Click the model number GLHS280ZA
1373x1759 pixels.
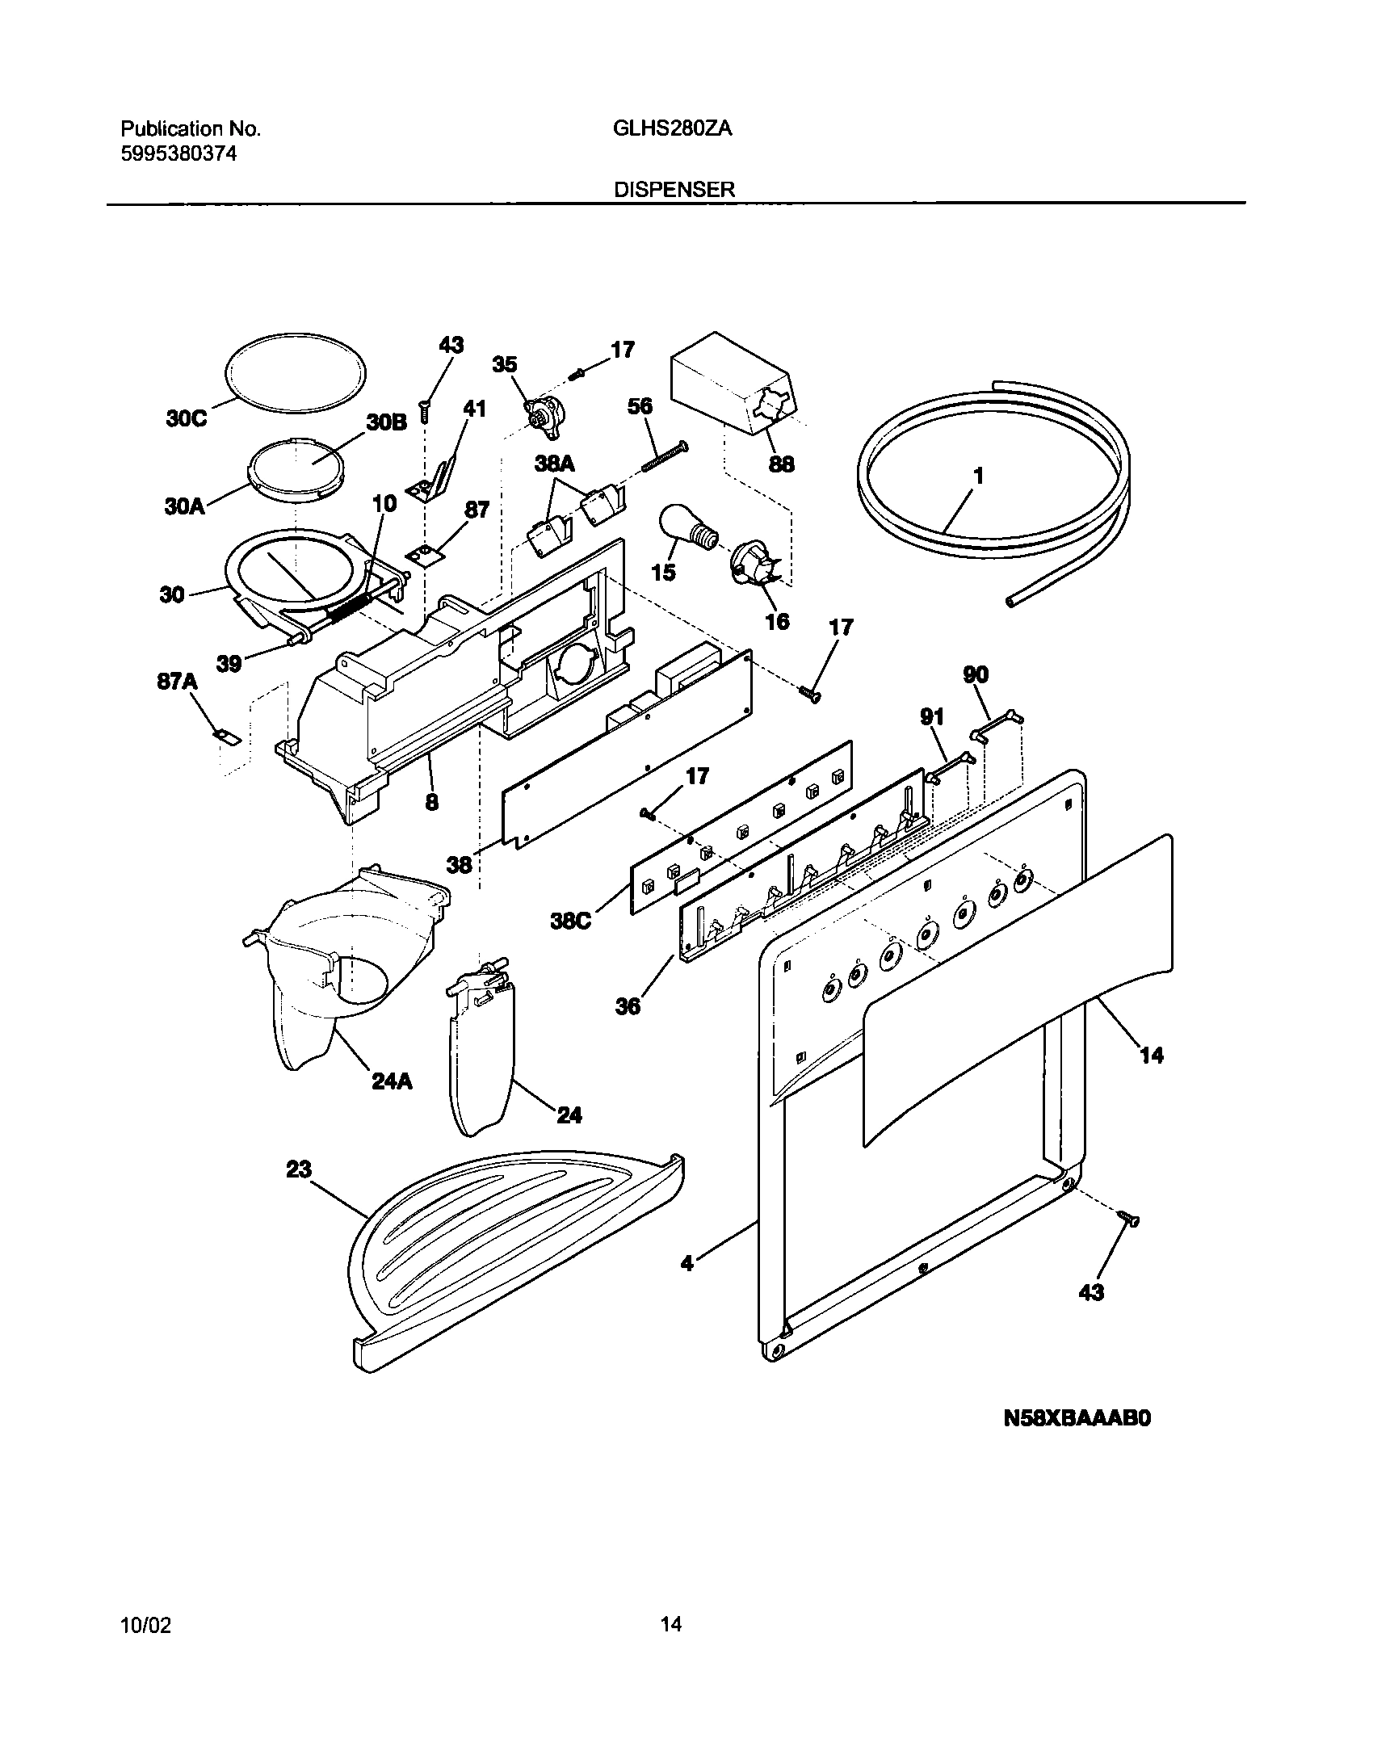point(672,129)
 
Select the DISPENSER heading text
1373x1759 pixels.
point(674,190)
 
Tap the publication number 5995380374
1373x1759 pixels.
point(178,153)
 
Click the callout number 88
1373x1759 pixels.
point(781,464)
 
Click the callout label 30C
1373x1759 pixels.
point(187,420)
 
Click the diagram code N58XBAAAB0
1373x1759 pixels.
point(1077,1442)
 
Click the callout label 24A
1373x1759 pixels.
point(392,1081)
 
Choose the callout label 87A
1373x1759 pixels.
point(177,682)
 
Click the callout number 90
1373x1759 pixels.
point(976,674)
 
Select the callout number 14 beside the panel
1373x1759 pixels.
point(1151,1054)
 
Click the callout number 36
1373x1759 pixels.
point(628,1005)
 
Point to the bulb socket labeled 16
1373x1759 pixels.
point(753,569)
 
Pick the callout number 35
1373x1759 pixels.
point(505,365)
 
